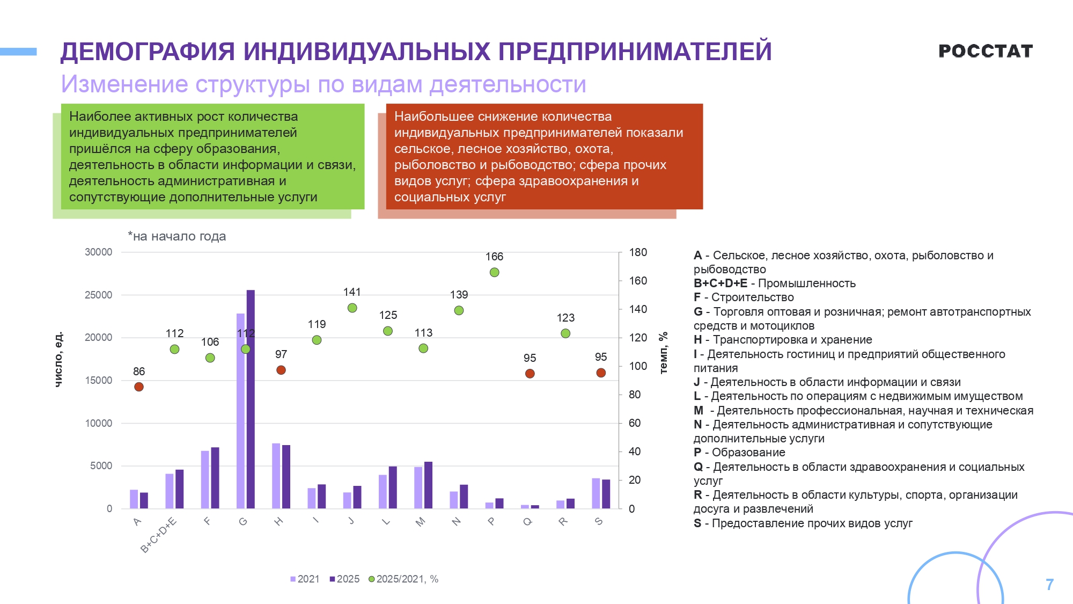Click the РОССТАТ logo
point(985,51)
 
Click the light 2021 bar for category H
point(276,476)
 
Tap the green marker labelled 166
point(494,272)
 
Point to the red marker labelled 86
point(139,387)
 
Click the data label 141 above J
point(352,292)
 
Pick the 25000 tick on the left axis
point(99,295)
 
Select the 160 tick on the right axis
point(638,281)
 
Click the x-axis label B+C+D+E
point(158,535)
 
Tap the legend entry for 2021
point(305,579)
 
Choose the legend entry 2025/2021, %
point(403,579)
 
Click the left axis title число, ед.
point(59,359)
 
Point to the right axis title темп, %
point(664,352)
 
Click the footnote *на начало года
point(177,236)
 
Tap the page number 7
point(1049,584)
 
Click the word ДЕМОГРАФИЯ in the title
point(147,52)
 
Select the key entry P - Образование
point(739,453)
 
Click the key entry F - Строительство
point(744,297)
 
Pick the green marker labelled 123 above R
point(565,333)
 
